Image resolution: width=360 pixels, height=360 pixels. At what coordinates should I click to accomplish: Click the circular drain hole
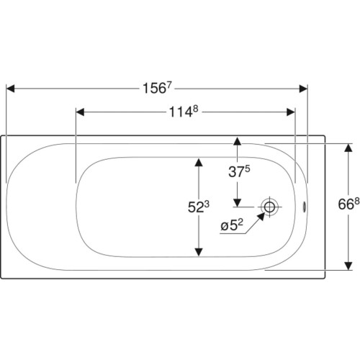click(x=269, y=207)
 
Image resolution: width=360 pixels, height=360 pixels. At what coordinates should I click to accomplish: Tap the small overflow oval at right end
click(x=305, y=207)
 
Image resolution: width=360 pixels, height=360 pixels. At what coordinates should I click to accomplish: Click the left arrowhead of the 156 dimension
click(x=10, y=89)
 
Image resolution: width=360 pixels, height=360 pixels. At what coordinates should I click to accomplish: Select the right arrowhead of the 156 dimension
click(x=303, y=89)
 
